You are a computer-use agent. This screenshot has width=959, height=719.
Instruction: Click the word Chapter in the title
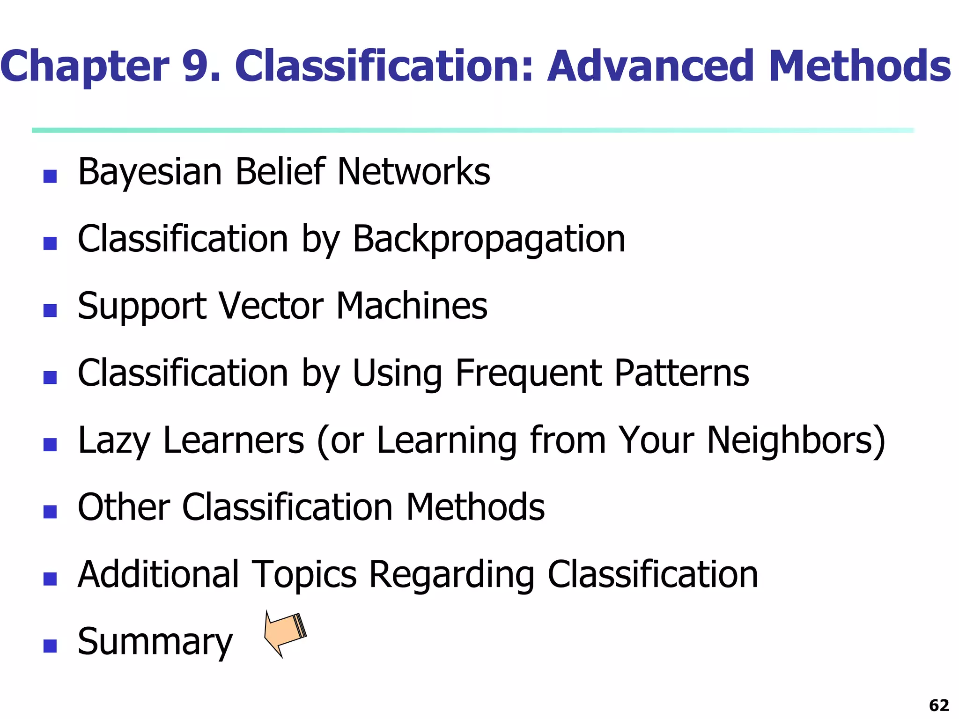(x=85, y=66)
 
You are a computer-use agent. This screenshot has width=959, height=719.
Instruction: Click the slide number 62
(x=939, y=705)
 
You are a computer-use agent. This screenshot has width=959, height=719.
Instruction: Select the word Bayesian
(x=149, y=172)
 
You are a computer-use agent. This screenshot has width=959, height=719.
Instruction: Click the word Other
(x=124, y=507)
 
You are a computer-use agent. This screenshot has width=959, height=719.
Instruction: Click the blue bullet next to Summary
(x=50, y=646)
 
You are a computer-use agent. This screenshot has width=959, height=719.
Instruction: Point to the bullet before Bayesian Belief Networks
(x=50, y=176)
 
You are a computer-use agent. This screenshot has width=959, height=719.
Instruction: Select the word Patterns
(x=681, y=374)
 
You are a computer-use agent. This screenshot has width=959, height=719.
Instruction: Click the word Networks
(x=413, y=172)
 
